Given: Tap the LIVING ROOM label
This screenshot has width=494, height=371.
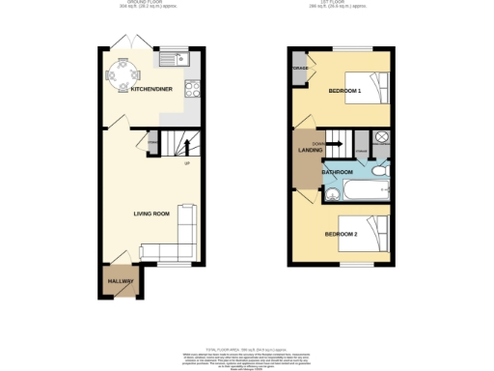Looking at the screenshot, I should (151, 213).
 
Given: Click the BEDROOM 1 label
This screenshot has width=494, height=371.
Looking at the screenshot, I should (344, 91).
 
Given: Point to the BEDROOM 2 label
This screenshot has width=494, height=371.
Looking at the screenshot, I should (341, 234).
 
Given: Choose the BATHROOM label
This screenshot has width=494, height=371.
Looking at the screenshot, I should (337, 172).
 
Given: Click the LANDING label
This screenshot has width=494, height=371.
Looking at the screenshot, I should (309, 150).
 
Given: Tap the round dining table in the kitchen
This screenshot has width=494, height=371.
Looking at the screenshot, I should (123, 73).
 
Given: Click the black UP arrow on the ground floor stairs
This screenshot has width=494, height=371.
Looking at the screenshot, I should (175, 148).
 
